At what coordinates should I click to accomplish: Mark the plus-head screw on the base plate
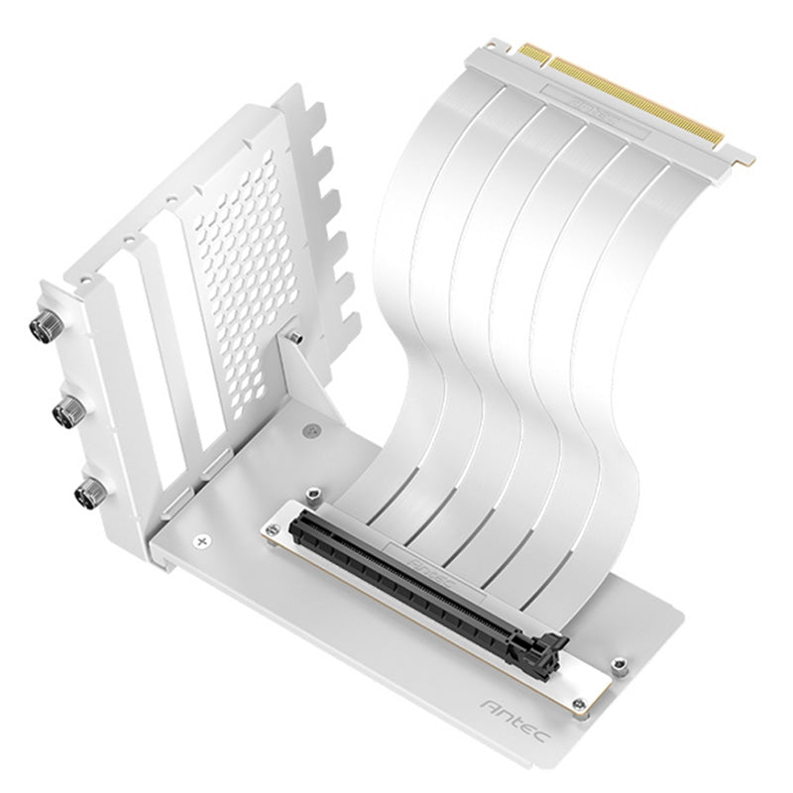coord(204,540)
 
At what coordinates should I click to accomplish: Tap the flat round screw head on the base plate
coord(313,431)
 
